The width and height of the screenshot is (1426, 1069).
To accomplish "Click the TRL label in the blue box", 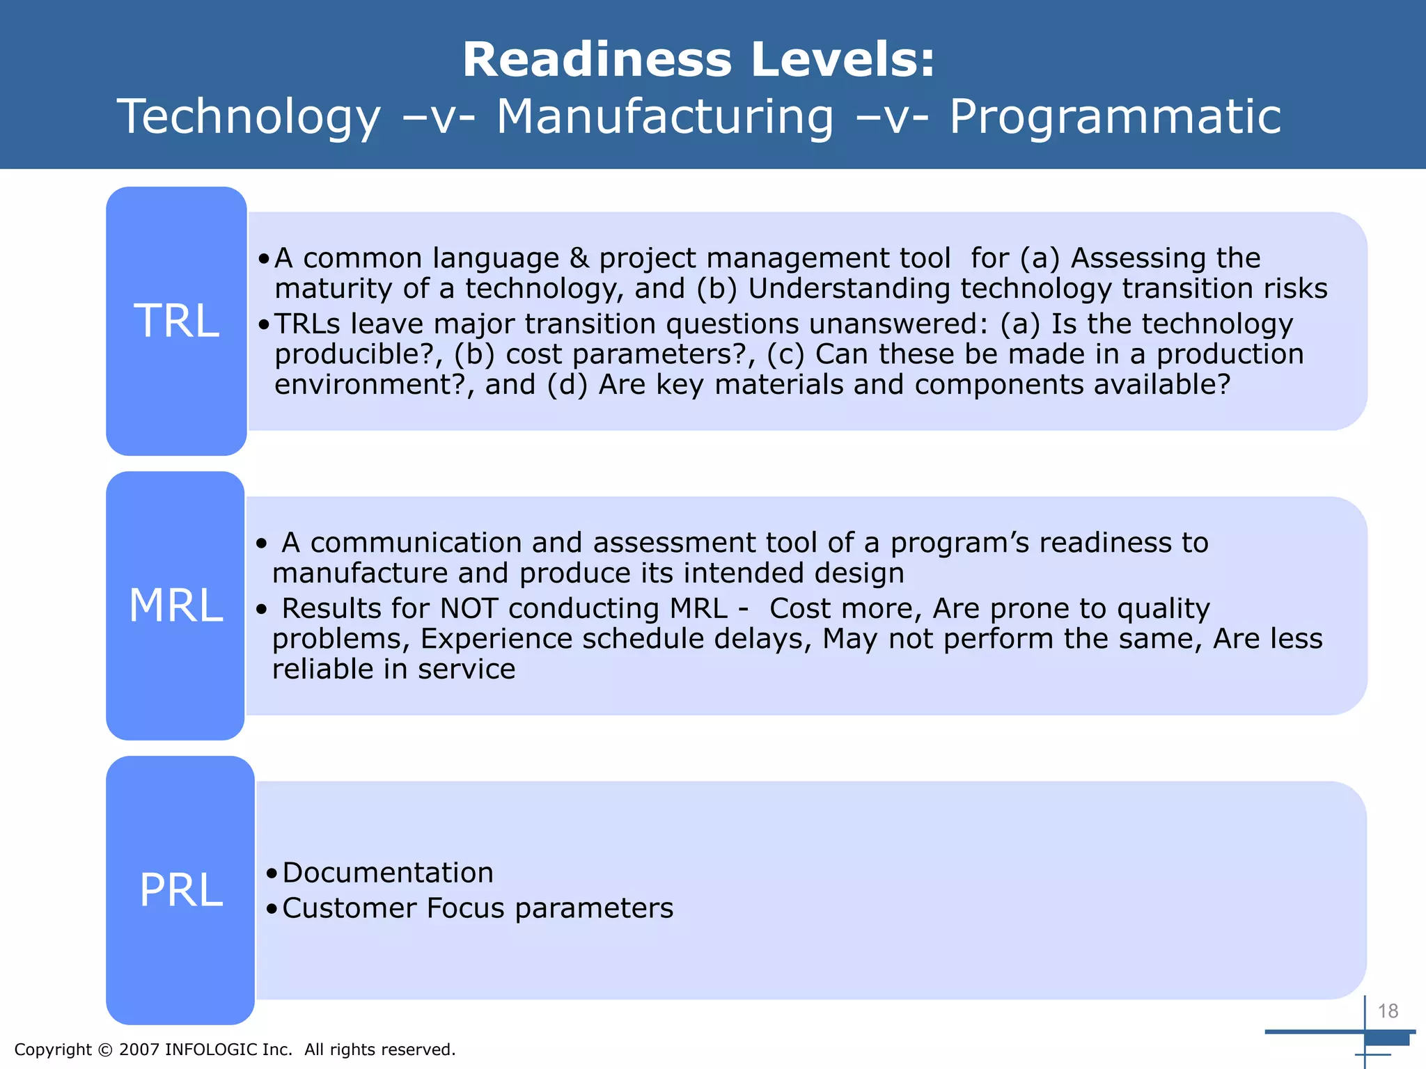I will pos(176,322).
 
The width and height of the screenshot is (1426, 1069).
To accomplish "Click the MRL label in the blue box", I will pos(175,605).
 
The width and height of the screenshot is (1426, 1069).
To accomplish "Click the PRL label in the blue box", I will pos(180,890).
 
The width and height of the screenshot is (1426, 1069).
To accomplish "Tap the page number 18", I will pos(1388,1011).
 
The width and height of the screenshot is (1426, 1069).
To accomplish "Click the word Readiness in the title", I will pos(597,60).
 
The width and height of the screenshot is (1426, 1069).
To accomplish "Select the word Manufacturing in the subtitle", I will pos(664,116).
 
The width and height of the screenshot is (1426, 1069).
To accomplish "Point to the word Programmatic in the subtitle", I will pos(1114,116).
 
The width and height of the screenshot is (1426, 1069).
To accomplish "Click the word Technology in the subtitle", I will pos(249,116).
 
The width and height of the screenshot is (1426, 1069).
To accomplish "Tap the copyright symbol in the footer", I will pos(105,1050).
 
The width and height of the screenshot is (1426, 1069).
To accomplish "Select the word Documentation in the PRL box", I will pos(388,873).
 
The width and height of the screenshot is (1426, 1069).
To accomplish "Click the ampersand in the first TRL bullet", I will pos(579,258).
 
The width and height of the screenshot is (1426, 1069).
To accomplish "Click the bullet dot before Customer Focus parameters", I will pos(272,909).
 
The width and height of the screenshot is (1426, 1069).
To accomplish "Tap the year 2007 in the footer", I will pos(139,1050).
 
